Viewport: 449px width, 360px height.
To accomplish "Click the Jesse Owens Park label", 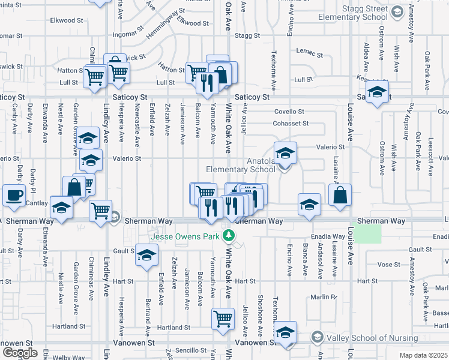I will coord(184,236).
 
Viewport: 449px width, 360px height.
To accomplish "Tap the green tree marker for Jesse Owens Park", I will coord(228,236).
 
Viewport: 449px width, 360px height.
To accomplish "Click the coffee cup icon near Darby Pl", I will coord(14,195).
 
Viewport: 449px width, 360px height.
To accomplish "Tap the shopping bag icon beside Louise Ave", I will coord(339,196).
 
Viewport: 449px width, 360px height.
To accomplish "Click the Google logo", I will coord(20,352).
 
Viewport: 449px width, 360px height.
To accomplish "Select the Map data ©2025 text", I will coord(423,355).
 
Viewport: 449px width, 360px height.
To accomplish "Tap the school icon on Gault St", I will coord(146,254).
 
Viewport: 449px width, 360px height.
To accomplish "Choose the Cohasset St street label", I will coord(289,124).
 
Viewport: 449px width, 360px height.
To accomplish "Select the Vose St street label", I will coord(389,264).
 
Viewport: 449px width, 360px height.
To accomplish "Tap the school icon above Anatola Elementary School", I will coord(286,152).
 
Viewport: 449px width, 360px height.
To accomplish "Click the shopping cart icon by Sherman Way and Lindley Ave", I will coord(100,210).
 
